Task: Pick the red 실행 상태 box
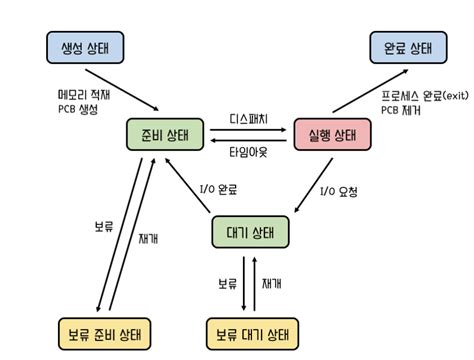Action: point(333,135)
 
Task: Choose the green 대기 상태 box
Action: point(250,233)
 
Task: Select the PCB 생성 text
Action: point(78,110)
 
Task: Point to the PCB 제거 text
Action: point(401,110)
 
